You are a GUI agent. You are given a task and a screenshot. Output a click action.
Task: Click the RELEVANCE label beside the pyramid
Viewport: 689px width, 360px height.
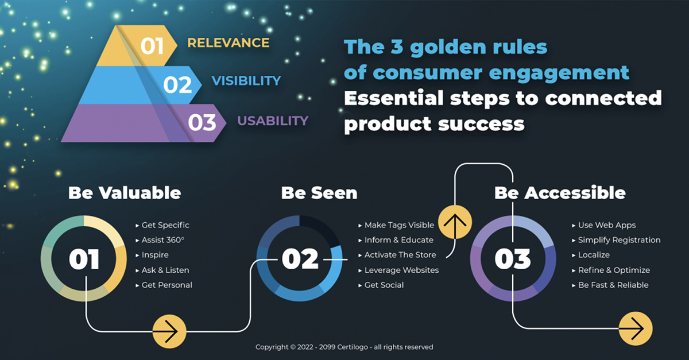point(229,42)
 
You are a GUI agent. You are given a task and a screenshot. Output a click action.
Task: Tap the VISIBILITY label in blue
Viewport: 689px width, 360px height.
point(246,81)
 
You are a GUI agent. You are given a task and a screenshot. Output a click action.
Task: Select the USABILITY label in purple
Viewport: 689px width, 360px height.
point(273,121)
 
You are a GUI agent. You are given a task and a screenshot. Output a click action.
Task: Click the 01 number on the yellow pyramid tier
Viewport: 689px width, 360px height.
point(152,47)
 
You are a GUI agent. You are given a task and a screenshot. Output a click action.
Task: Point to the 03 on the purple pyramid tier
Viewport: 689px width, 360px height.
point(202,123)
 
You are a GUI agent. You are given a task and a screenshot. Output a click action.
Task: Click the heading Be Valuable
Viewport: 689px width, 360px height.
point(125,193)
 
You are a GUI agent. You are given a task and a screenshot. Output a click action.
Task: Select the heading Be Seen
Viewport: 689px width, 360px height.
point(319,193)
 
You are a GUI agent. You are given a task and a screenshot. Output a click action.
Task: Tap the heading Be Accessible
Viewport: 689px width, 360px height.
point(560,193)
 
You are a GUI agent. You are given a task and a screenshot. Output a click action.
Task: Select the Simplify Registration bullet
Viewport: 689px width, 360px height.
point(616,240)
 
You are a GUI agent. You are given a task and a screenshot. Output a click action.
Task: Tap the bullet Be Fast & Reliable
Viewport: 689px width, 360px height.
point(610,285)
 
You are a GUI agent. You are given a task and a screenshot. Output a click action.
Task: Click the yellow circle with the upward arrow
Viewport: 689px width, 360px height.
point(455,222)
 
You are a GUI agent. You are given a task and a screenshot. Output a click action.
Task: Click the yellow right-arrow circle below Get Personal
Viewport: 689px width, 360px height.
point(169,331)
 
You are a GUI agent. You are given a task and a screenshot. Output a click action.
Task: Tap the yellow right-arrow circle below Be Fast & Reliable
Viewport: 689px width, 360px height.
point(636,328)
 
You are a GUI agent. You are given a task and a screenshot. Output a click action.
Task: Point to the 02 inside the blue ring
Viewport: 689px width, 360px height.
point(300,259)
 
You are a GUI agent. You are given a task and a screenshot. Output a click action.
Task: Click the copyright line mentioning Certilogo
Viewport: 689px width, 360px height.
point(344,347)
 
